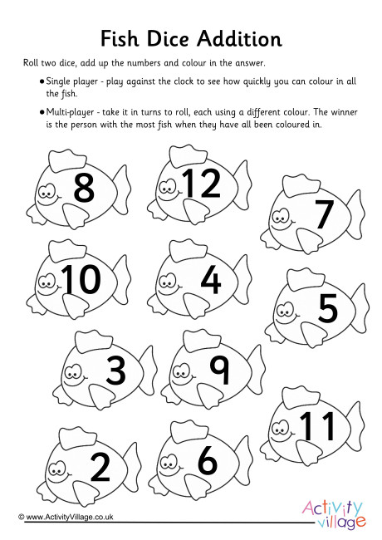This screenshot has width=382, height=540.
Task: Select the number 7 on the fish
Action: [x=324, y=214]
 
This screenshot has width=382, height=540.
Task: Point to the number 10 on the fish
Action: [x=81, y=279]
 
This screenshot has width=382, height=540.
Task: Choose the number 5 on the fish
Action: [x=328, y=308]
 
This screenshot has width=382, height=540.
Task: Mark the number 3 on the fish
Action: [x=116, y=371]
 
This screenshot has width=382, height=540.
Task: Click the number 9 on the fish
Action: [x=219, y=371]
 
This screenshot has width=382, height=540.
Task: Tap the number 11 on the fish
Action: [x=317, y=426]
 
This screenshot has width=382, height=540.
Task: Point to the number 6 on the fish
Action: [x=208, y=461]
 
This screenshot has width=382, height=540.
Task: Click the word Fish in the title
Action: [x=120, y=38]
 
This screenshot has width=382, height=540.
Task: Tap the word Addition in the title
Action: [x=240, y=38]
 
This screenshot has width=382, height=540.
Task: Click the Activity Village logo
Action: [x=333, y=514]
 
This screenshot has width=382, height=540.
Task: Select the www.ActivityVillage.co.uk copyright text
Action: [x=66, y=517]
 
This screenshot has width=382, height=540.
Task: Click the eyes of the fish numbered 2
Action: [x=57, y=468]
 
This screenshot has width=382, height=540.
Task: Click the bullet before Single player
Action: [x=42, y=82]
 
